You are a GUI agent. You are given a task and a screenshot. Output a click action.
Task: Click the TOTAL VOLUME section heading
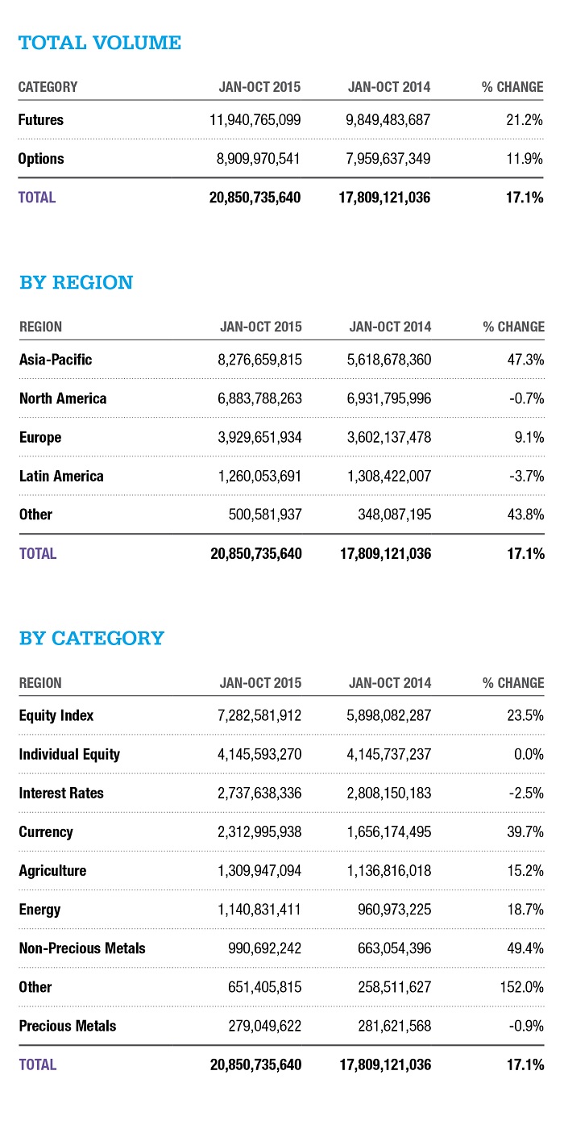click(100, 43)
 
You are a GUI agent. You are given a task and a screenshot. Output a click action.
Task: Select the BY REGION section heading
click(77, 283)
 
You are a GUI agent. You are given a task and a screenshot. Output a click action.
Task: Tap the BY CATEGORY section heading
click(91, 639)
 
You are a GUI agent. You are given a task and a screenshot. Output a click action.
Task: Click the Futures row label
click(40, 120)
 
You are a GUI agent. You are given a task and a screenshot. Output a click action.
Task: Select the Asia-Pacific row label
click(56, 360)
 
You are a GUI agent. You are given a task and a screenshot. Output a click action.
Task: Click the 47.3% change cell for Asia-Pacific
click(525, 360)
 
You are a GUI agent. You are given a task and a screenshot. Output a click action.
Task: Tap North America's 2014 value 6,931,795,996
click(381, 398)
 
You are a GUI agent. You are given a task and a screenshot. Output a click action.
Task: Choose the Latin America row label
click(61, 476)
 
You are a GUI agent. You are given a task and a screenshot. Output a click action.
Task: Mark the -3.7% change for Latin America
click(526, 476)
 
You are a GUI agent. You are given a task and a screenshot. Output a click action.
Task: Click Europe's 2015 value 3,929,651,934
click(251, 437)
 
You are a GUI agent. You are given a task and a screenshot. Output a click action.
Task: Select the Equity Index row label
click(56, 715)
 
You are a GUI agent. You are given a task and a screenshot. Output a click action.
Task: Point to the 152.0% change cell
click(522, 987)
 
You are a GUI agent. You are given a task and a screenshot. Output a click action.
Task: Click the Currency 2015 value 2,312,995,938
click(251, 832)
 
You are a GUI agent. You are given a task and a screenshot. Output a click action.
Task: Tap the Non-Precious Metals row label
click(82, 948)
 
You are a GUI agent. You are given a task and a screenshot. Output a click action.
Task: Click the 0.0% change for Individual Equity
click(528, 755)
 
